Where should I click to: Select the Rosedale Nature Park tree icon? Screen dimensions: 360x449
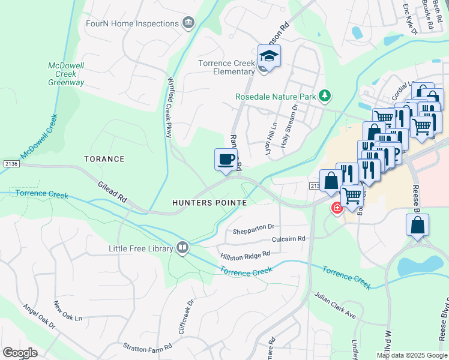coord(325,95)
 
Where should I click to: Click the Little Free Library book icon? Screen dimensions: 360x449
coord(182,248)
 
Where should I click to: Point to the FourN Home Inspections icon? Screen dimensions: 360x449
coord(188,23)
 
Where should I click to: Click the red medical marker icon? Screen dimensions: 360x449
coord(337,208)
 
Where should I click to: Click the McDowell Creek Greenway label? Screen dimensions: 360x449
coord(66,74)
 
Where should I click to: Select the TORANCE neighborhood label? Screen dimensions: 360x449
coord(104,159)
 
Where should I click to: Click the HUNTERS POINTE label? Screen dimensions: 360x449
coord(209,203)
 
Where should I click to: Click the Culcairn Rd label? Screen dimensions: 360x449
coord(289,238)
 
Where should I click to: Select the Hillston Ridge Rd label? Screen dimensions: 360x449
coord(245,254)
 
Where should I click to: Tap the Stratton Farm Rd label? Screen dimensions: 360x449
coord(148,346)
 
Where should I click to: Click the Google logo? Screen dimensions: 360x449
coord(20,353)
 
